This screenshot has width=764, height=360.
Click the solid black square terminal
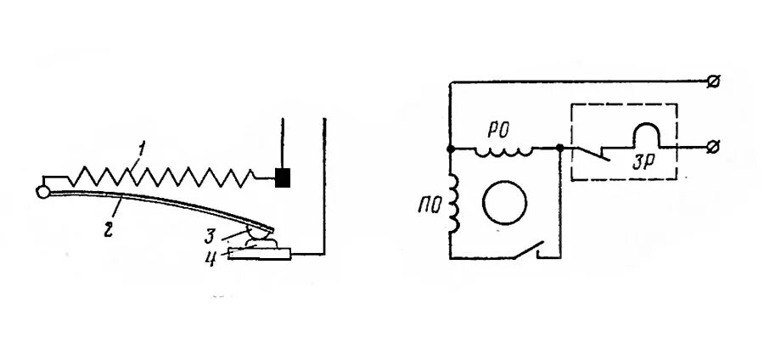tap(284, 177)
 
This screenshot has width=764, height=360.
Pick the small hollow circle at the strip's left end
tap(42, 190)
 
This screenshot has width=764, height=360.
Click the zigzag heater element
tap(161, 177)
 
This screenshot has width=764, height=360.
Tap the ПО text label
tap(428, 205)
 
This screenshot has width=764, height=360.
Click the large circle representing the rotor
tap(504, 202)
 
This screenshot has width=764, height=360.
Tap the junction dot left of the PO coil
tap(450, 148)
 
